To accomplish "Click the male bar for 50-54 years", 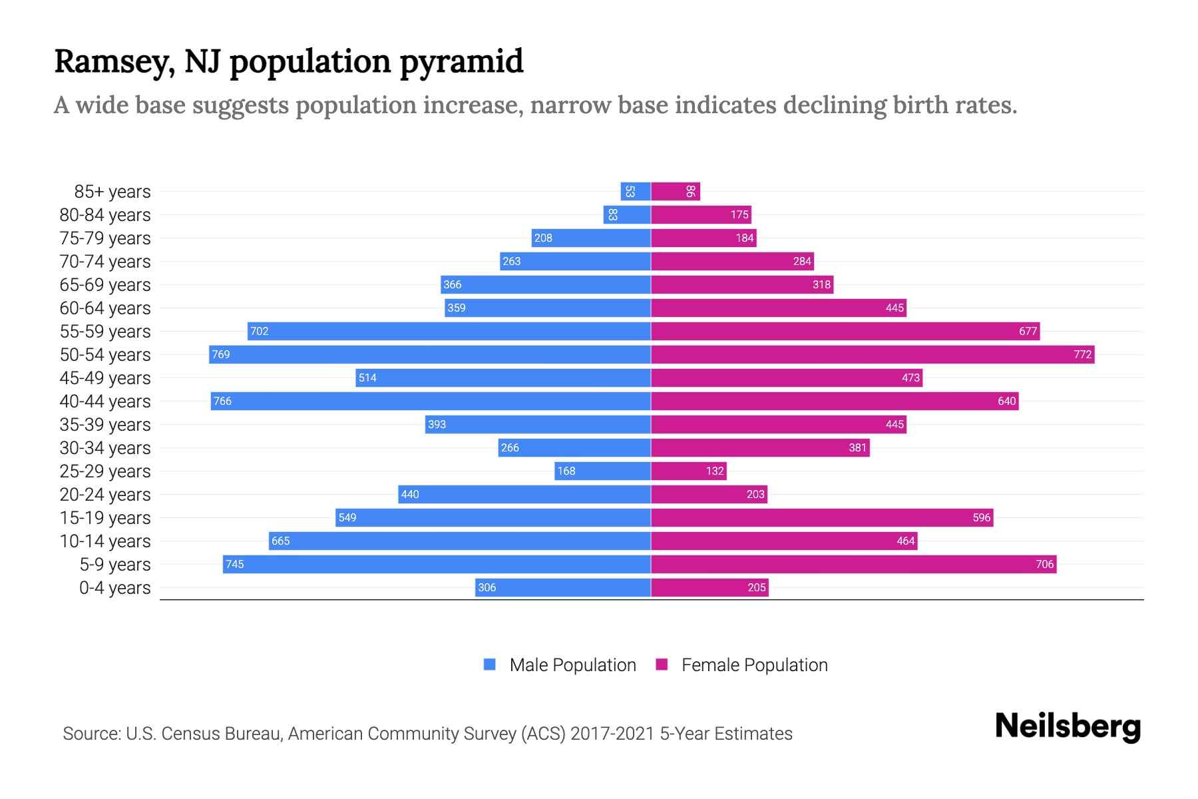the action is [x=430, y=354].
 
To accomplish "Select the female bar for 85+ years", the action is [x=675, y=192].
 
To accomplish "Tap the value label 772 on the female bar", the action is [x=1082, y=354].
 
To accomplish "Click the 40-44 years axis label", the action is [x=105, y=401].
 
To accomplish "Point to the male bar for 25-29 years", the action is [x=602, y=471].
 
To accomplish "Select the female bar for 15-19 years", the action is [x=822, y=518].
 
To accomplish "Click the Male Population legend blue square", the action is [x=490, y=665].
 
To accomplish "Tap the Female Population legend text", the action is [x=754, y=665].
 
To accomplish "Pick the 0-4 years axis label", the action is [x=114, y=588].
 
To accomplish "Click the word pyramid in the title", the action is [x=461, y=62].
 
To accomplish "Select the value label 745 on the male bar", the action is [x=234, y=565].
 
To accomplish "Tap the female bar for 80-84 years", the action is [x=701, y=215].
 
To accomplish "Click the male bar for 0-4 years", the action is [x=563, y=588].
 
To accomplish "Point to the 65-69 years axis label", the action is [x=105, y=285].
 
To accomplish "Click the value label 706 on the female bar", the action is [x=1044, y=565].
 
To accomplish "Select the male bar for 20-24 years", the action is [x=524, y=495].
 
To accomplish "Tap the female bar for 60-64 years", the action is [x=779, y=308].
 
